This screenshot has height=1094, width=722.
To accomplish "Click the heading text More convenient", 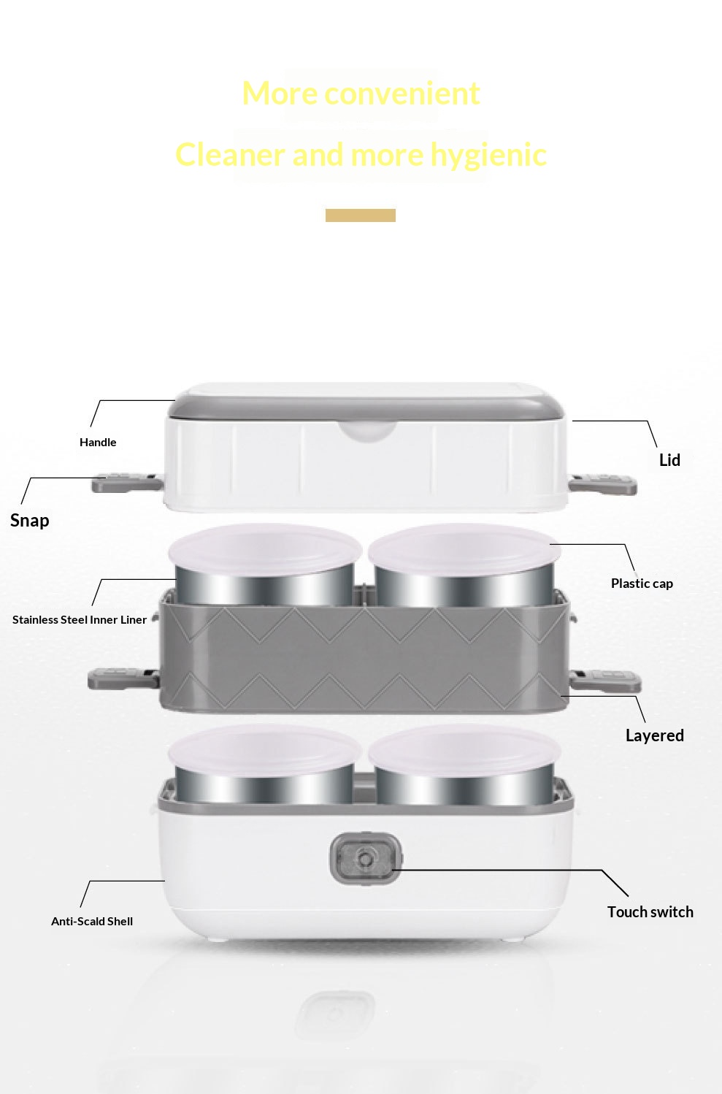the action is (361, 93).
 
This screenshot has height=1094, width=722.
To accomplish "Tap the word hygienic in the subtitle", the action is (488, 156).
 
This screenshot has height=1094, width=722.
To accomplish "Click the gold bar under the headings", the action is (360, 215).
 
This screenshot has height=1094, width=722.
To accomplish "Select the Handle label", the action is (98, 443).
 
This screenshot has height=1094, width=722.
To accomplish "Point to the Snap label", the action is (30, 521).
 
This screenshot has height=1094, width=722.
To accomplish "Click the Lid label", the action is (669, 460).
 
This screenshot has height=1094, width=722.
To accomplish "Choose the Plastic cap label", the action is (642, 584).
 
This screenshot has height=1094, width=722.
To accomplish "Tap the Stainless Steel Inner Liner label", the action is (80, 620).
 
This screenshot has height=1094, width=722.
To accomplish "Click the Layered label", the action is (655, 735).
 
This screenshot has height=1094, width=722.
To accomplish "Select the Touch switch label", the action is (650, 912).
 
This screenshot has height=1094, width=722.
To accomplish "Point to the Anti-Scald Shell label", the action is (92, 921).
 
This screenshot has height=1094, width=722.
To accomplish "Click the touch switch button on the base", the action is (366, 859).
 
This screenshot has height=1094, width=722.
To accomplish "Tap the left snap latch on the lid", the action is (127, 482).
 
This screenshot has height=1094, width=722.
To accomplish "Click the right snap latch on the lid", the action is (603, 483).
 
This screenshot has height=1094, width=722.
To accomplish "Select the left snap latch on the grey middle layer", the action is (123, 678).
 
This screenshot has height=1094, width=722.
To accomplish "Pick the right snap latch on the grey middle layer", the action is (605, 681).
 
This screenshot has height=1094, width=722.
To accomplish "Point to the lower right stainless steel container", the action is (464, 787).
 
